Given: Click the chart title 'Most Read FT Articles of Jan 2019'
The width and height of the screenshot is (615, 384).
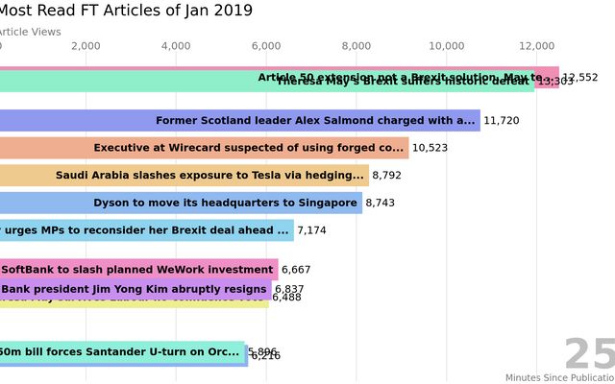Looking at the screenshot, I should pyautogui.click(x=125, y=11).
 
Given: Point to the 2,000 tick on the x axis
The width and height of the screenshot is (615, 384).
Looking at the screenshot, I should pyautogui.click(x=86, y=45).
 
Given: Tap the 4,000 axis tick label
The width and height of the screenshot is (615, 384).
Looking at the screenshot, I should pyautogui.click(x=176, y=45).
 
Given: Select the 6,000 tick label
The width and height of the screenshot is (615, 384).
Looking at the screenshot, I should pyautogui.click(x=266, y=45).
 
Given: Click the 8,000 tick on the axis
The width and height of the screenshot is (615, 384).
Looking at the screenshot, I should pyautogui.click(x=357, y=45).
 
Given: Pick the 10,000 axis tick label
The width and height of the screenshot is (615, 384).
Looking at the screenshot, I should pyautogui.click(x=447, y=45).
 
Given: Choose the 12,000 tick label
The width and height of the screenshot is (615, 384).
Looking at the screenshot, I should pyautogui.click(x=537, y=45).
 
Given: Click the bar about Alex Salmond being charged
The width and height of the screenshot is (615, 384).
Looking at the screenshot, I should pyautogui.click(x=239, y=120).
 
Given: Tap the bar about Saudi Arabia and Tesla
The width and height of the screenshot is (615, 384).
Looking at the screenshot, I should pyautogui.click(x=184, y=176).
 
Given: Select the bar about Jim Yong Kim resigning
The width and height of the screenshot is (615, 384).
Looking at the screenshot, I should pyautogui.click(x=135, y=289).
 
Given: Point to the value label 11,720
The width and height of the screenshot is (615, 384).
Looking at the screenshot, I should pyautogui.click(x=502, y=121).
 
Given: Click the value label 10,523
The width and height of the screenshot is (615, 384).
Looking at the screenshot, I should pyautogui.click(x=430, y=148).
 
